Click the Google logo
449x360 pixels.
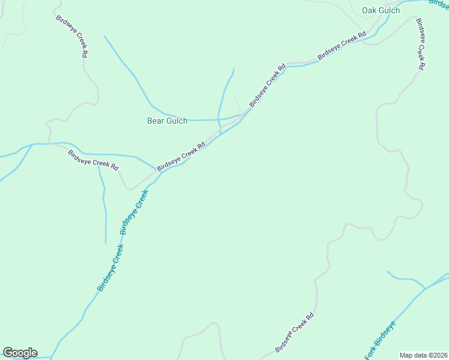(20, 353)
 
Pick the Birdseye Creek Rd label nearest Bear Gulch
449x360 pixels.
(181, 156)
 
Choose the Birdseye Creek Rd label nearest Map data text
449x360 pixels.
(295, 332)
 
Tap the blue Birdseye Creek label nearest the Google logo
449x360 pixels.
(110, 268)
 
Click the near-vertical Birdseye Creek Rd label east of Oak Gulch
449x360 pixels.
(421, 44)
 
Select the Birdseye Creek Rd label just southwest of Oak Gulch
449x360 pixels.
(342, 46)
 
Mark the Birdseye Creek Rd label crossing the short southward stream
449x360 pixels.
(93, 160)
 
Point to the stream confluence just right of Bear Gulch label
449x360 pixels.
(218, 120)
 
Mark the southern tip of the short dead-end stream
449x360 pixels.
(106, 242)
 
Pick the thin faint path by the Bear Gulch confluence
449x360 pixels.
(238, 104)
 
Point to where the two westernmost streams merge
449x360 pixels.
(31, 145)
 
